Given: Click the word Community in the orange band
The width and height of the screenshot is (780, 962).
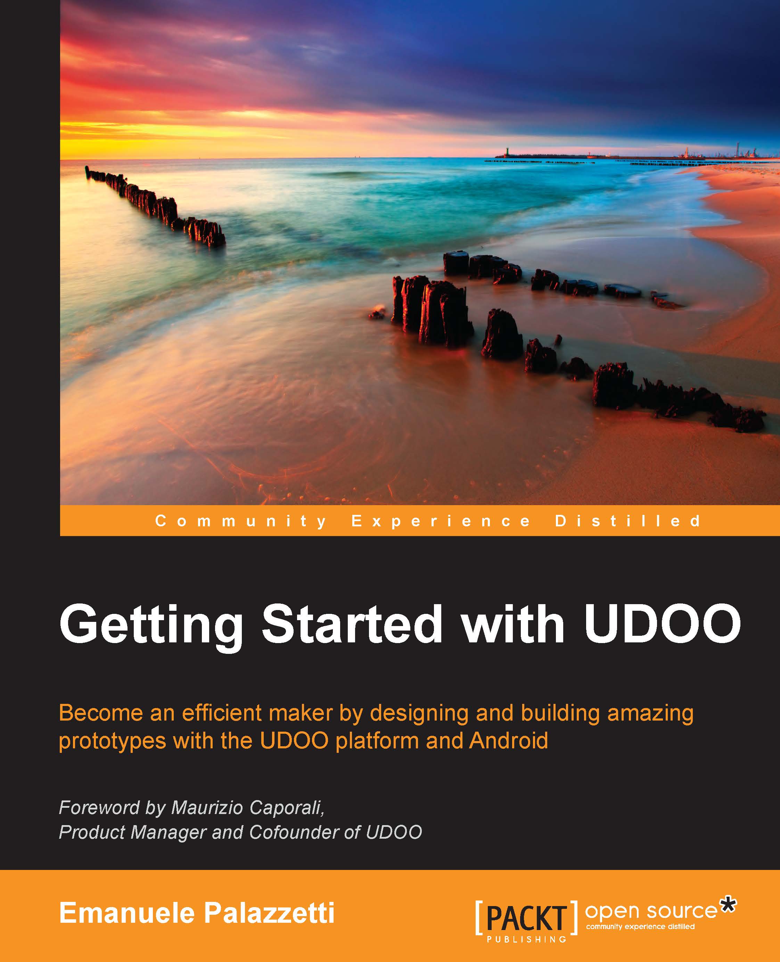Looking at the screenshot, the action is click(x=241, y=521).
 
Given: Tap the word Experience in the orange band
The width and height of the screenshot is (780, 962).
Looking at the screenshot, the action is click(x=441, y=521).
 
